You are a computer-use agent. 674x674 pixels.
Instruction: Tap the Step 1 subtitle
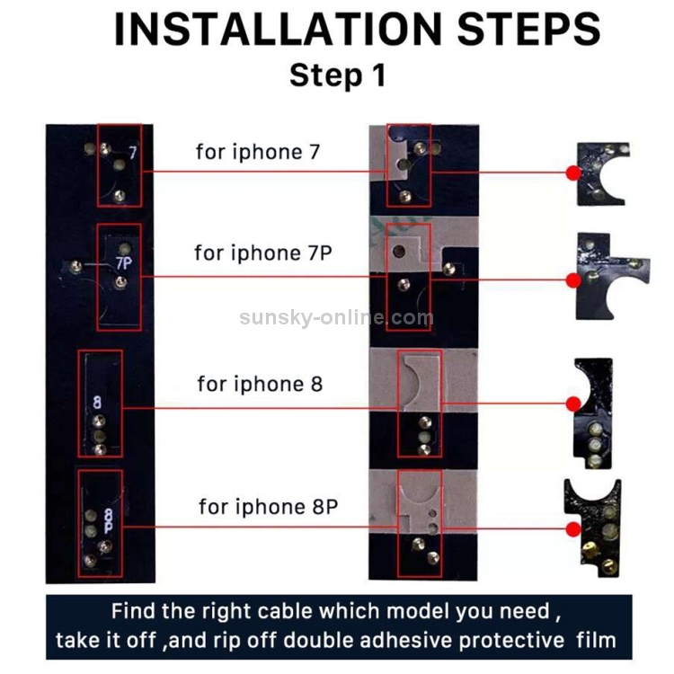(337, 75)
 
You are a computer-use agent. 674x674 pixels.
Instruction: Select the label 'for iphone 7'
(258, 152)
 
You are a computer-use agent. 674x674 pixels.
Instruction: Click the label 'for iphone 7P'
(263, 253)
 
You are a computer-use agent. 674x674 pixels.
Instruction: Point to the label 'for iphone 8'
(260, 385)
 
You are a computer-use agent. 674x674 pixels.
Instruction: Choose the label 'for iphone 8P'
(268, 506)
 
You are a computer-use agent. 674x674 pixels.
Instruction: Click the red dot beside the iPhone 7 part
(572, 173)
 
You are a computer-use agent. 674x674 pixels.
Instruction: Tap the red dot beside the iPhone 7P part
(572, 279)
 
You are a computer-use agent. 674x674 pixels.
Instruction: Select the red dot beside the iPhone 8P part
(572, 528)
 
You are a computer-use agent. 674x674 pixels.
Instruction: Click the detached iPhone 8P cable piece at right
(592, 526)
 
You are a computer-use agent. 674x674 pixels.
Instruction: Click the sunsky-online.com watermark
(337, 317)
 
